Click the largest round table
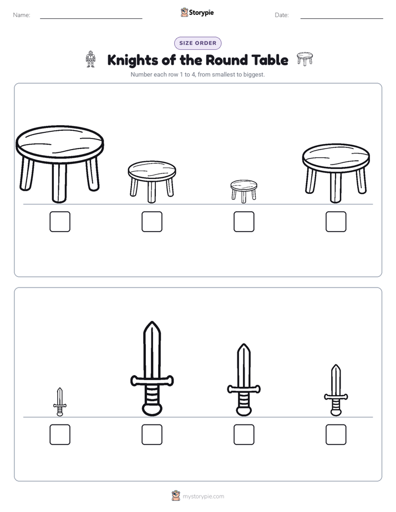[x=60, y=163]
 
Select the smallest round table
[x=243, y=191]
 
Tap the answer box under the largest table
[x=60, y=222]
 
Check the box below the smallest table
[x=243, y=222]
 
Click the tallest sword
[x=152, y=368]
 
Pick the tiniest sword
[x=60, y=402]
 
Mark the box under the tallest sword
[x=152, y=434]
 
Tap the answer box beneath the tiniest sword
[x=60, y=434]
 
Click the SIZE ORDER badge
[x=197, y=43]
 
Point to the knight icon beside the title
[x=90, y=59]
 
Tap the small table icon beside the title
[x=304, y=58]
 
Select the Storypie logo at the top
[x=197, y=12]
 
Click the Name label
[x=22, y=15]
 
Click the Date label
[x=282, y=15]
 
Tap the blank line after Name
[x=91, y=19]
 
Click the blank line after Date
[x=342, y=19]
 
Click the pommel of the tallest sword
[x=152, y=409]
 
